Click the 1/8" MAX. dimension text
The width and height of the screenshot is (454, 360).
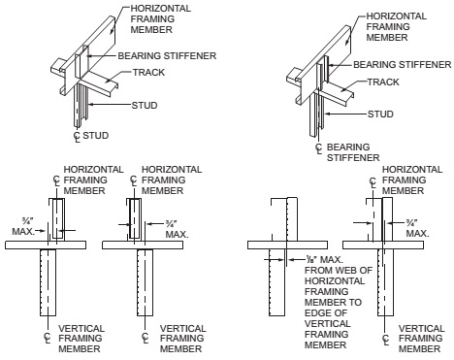coord(324,259)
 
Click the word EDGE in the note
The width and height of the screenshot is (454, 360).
coord(316,313)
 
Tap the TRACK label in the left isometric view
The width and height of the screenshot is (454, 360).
coord(148,72)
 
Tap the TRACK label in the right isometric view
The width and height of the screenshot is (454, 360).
coord(383,82)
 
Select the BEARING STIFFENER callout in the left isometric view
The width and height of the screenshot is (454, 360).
coord(167,55)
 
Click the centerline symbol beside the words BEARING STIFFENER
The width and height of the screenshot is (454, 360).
coord(319,148)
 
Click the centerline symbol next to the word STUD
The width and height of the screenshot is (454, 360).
coord(77,137)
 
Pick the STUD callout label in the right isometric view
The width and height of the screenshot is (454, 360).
coord(380,115)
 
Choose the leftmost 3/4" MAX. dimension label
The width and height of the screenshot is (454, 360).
coord(23,227)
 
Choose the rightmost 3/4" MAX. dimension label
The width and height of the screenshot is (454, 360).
coord(417,228)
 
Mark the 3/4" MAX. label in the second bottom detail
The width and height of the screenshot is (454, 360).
coord(177,229)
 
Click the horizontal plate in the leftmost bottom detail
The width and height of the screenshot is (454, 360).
coord(46,245)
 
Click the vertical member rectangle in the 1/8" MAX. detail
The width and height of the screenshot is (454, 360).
coord(276,282)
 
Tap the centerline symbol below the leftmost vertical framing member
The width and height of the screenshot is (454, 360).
coord(48,337)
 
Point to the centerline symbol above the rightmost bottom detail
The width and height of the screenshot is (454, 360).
coord(373,182)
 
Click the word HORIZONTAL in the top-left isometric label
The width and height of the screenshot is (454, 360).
coord(161,9)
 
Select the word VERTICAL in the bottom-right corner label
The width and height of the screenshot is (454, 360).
coord(421,328)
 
